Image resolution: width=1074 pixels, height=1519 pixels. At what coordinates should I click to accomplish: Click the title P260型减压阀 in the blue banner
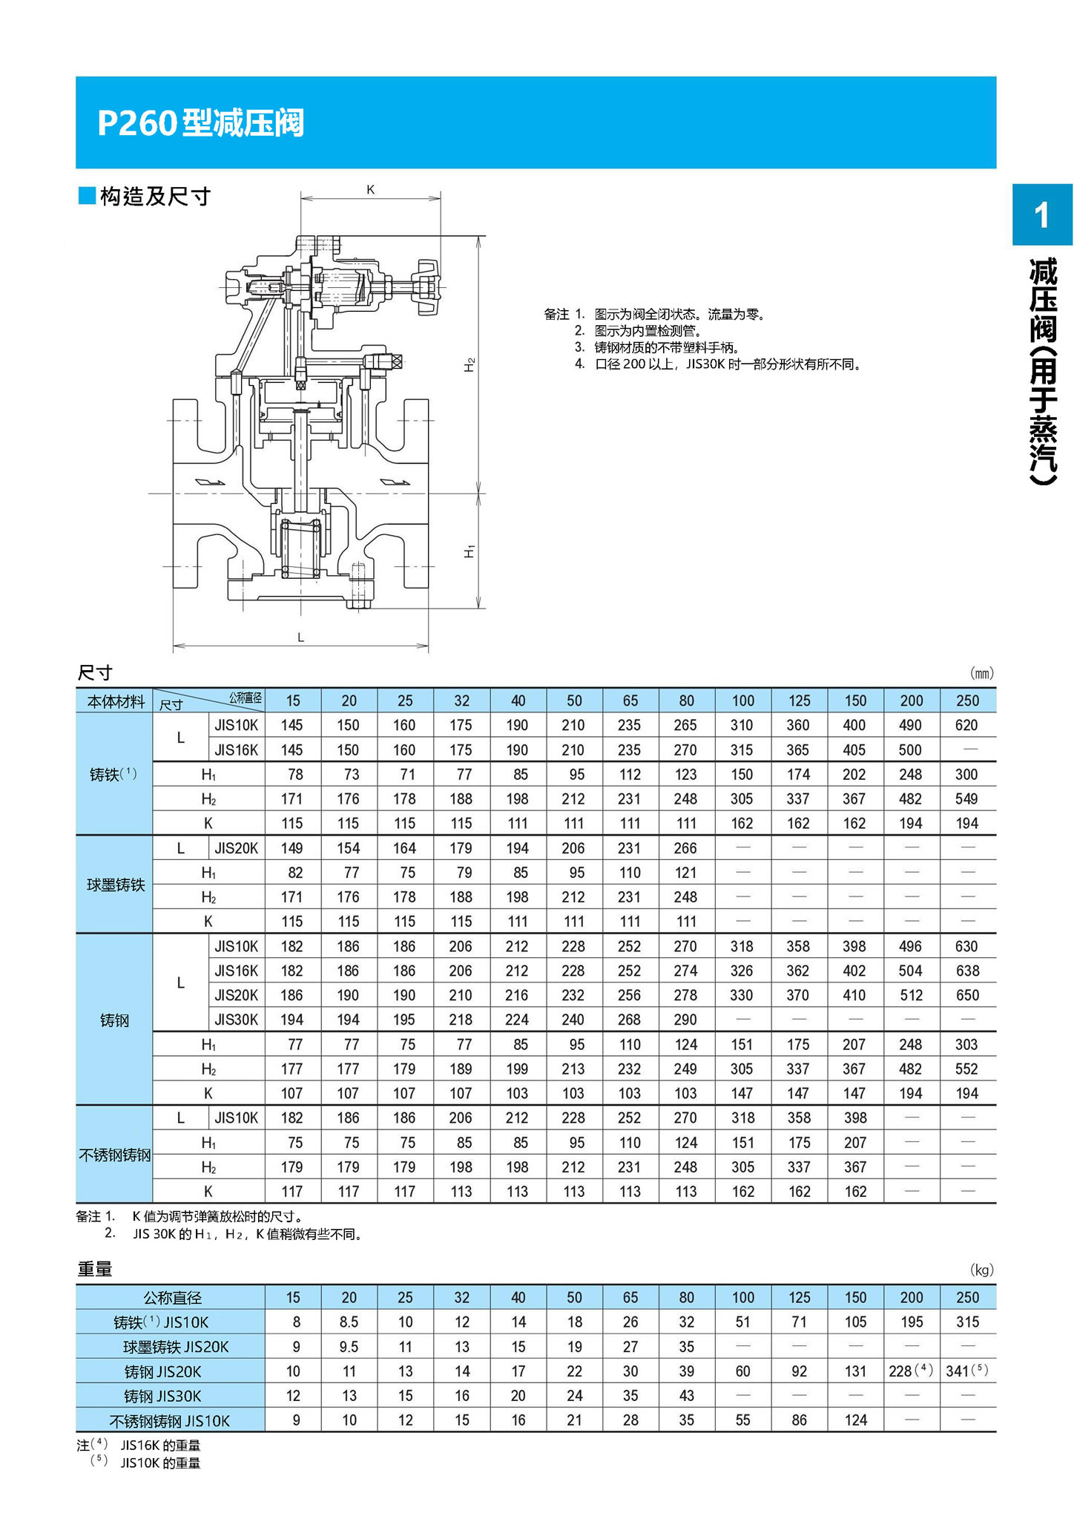(200, 123)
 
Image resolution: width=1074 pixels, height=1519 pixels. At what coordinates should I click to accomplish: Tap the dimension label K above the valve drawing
(371, 190)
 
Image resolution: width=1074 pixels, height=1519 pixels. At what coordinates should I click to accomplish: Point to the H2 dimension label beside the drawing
(470, 364)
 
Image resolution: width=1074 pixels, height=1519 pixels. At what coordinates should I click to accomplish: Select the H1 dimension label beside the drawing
(470, 551)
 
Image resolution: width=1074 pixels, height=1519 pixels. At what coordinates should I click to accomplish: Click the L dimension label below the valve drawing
(300, 637)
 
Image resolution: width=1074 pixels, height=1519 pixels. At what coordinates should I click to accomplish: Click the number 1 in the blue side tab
(1042, 215)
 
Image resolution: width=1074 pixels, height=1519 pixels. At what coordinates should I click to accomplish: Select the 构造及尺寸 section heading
(155, 197)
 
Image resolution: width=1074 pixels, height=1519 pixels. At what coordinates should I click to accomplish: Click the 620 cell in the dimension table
(966, 725)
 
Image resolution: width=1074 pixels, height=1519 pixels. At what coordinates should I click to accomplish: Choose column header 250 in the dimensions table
(967, 701)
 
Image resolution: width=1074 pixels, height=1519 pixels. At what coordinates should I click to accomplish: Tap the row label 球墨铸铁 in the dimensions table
(115, 885)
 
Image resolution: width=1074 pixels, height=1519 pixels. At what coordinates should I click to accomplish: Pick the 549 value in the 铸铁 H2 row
(966, 798)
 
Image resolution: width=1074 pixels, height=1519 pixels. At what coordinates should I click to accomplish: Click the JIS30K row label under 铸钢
(236, 1020)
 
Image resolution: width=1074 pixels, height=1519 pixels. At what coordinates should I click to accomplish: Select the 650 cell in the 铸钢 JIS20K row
(966, 995)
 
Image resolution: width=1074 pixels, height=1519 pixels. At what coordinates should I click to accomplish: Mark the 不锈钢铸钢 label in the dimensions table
(115, 1155)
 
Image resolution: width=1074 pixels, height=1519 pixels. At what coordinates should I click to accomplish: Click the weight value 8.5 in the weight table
(349, 1322)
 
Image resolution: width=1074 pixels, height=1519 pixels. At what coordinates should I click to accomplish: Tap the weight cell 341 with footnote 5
(966, 1371)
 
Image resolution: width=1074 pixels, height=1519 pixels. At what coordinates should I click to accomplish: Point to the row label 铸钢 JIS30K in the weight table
(162, 1396)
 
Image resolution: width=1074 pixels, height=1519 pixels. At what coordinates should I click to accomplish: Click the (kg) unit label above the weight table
(981, 1270)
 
